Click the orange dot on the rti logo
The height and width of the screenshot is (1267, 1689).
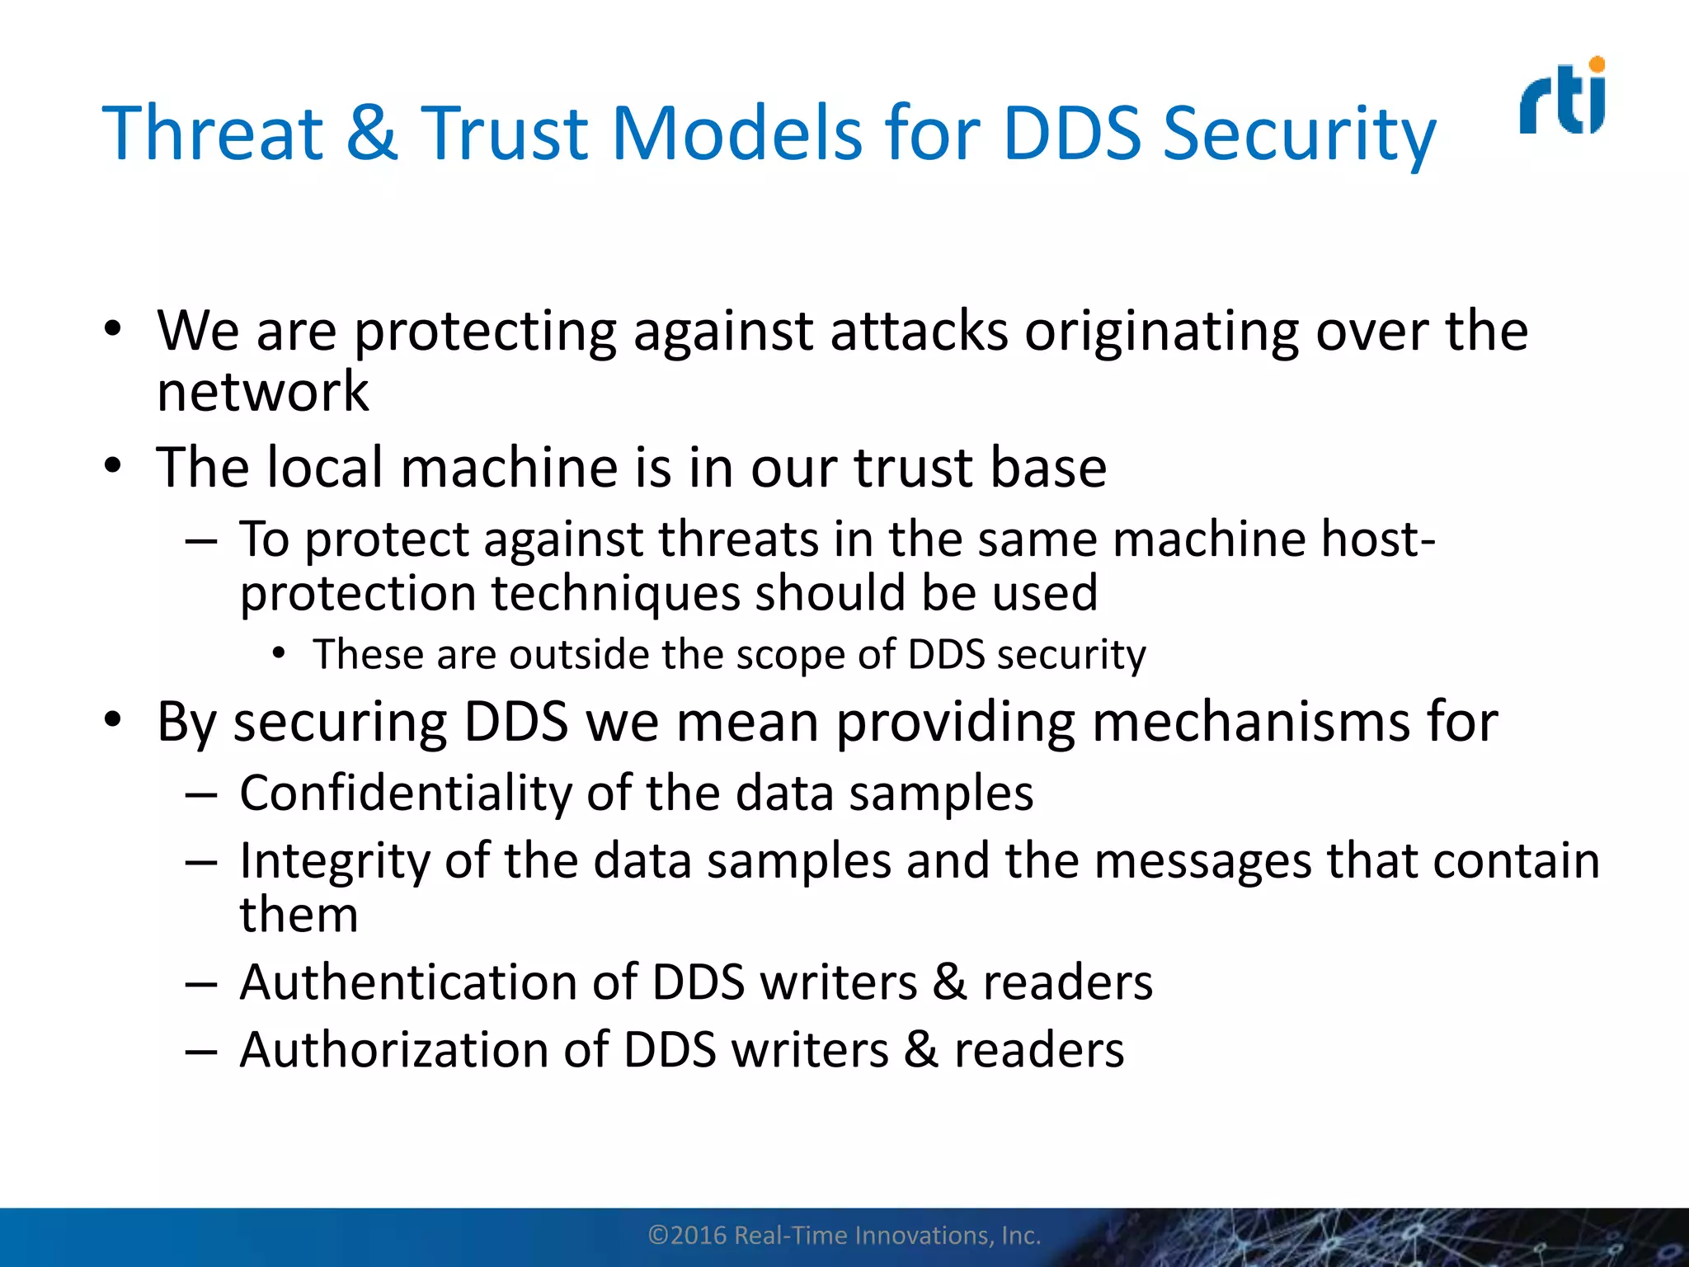tap(1597, 64)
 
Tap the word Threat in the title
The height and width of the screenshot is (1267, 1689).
tap(213, 134)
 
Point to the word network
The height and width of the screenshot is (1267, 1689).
tap(262, 392)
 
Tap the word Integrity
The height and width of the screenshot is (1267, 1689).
tap(334, 862)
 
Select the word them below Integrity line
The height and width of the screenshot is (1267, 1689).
tap(299, 915)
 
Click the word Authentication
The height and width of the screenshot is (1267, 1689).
tap(408, 982)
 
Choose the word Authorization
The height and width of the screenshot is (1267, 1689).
tap(394, 1050)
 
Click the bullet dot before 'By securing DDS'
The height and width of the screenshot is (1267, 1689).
tap(113, 721)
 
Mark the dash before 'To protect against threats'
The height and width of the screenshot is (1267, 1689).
tap(201, 542)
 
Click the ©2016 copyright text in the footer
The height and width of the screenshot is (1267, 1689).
tap(844, 1236)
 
